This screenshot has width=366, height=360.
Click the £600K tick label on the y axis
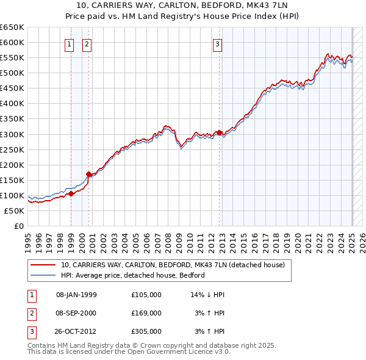[x=12, y=42]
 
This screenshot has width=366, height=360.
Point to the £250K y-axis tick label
[x=12, y=149]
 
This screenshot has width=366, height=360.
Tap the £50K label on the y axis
[x=15, y=211]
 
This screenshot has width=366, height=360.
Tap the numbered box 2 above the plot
[x=87, y=43]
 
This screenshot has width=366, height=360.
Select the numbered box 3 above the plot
[x=217, y=43]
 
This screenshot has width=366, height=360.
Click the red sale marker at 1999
[x=71, y=193]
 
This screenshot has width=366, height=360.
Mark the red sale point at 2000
[x=88, y=174]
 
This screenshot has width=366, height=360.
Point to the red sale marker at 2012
[x=219, y=132]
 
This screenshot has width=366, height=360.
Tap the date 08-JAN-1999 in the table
[x=76, y=295]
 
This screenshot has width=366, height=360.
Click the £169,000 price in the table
[x=146, y=313]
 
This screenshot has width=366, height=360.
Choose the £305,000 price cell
[x=146, y=331]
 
